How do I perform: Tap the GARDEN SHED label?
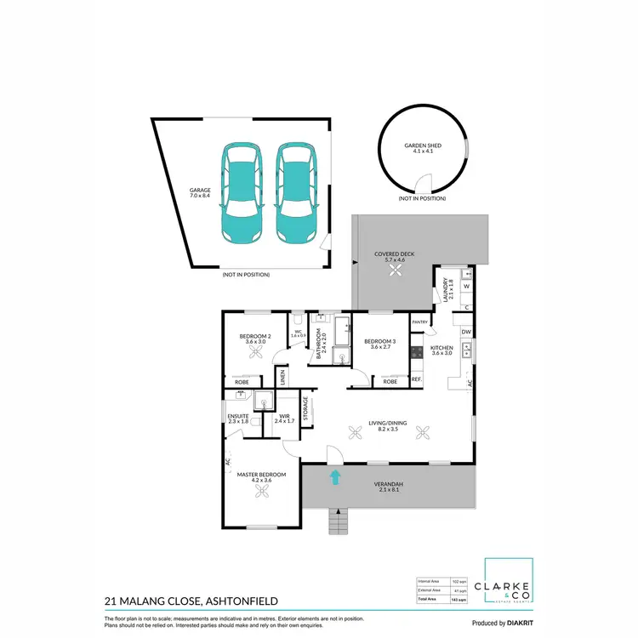(x=422, y=149)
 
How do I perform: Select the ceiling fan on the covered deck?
(x=396, y=271)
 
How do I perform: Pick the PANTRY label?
(x=419, y=322)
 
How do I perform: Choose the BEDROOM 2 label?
(x=255, y=337)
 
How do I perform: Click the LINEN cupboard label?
(x=282, y=376)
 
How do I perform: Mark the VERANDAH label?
(x=390, y=486)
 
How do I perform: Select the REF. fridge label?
(x=417, y=379)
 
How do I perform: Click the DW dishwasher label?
(x=466, y=332)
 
